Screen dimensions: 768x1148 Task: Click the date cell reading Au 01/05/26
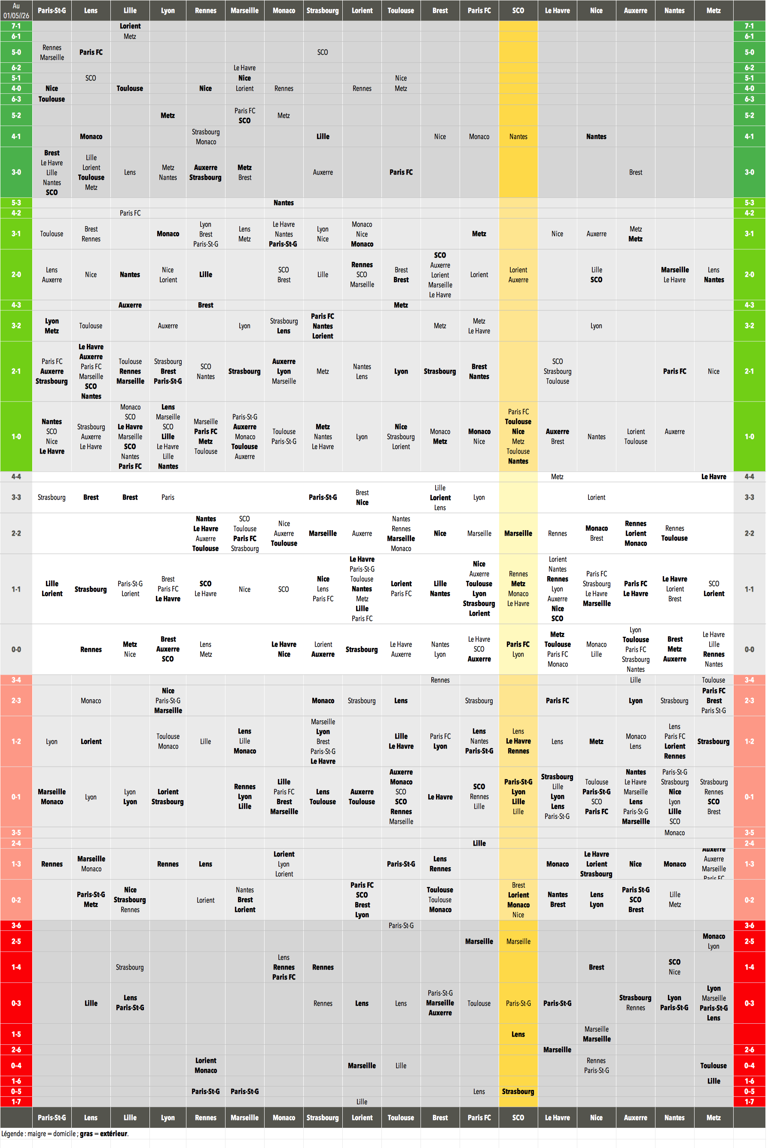coord(16,10)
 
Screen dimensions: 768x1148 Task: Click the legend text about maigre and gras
coord(65,1133)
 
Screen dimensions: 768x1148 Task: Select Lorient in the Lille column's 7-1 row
coord(130,26)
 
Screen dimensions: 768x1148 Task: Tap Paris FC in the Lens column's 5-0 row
coord(91,52)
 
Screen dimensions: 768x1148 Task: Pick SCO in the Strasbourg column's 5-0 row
coord(322,52)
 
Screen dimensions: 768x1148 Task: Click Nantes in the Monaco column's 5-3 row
coord(283,203)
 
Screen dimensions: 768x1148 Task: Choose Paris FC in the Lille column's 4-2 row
coord(130,213)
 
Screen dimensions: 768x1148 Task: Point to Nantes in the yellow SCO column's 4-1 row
coord(518,136)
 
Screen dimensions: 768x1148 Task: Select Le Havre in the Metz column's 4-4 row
coord(713,476)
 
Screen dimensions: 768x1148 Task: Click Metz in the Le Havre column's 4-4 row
coord(557,476)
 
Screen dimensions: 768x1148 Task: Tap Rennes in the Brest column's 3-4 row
coord(440,680)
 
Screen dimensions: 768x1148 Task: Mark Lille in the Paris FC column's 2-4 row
coord(479,843)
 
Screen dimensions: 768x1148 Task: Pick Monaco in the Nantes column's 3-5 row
coord(674,832)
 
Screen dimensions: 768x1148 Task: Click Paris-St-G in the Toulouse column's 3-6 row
coord(401,925)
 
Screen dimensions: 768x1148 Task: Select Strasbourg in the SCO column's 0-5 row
coord(518,1091)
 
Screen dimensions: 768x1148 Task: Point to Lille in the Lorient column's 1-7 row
coord(362,1102)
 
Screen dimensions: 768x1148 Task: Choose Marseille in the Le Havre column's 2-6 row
coord(557,1050)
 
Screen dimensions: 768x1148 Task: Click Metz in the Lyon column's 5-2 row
coord(168,115)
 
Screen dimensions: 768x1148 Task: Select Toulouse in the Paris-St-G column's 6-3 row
coord(52,99)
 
